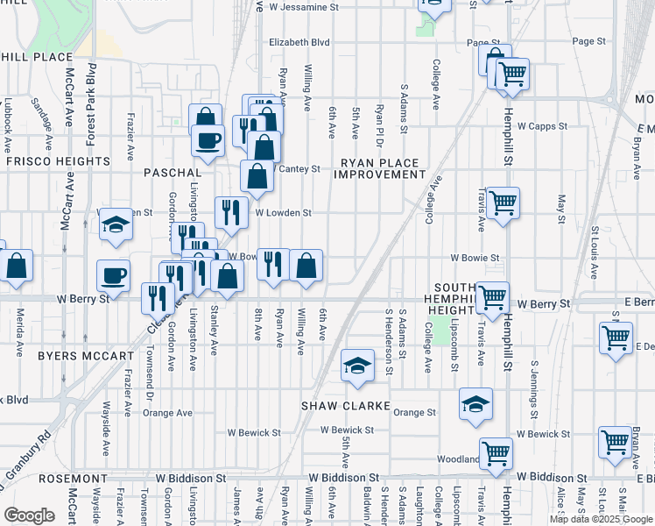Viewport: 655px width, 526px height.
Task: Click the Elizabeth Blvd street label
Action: pyautogui.click(x=299, y=41)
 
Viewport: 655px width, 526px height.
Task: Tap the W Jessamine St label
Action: pyautogui.click(x=304, y=7)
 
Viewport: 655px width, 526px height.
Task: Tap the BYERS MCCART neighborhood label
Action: pyautogui.click(x=87, y=356)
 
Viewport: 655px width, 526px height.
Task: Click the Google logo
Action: pyautogui.click(x=30, y=515)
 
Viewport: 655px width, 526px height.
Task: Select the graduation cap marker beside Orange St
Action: pyautogui.click(x=475, y=404)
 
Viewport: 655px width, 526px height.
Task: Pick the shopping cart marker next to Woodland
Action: pyautogui.click(x=496, y=454)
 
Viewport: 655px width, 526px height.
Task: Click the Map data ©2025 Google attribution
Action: pyautogui.click(x=601, y=519)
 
